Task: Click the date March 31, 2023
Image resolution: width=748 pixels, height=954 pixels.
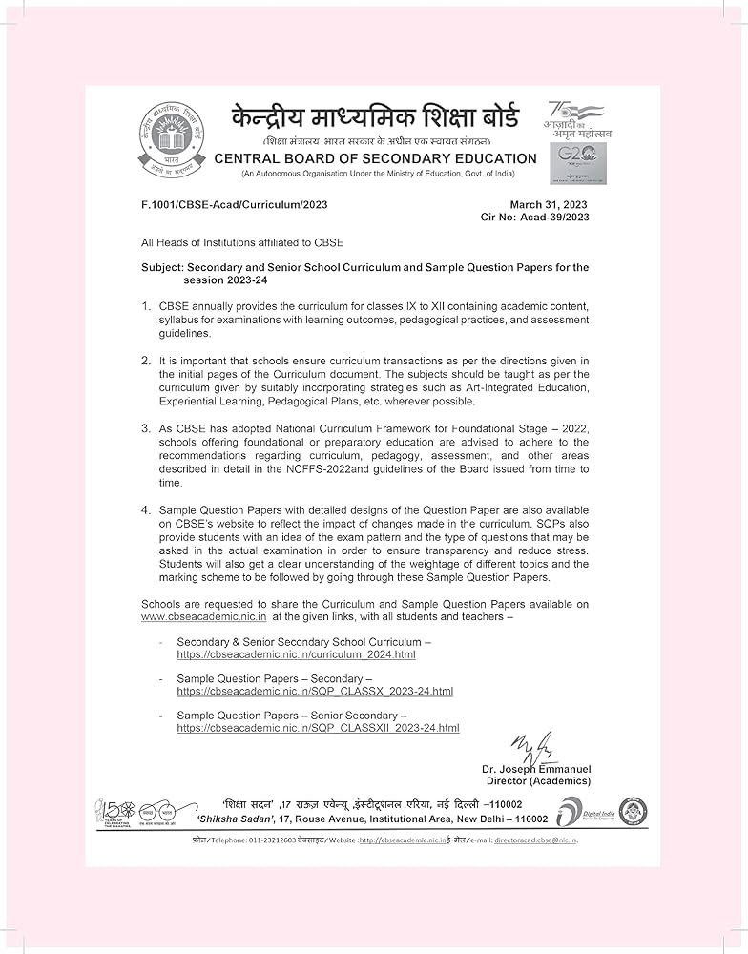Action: (549, 205)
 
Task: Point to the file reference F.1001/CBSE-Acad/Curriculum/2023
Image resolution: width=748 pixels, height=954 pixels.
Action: (234, 205)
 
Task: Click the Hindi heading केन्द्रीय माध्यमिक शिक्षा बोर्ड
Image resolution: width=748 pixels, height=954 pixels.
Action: (375, 119)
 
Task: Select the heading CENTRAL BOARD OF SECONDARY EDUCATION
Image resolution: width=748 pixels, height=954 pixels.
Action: (375, 158)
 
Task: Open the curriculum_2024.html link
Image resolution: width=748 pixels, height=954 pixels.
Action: (296, 655)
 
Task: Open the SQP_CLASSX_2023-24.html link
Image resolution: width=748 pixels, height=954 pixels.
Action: (315, 691)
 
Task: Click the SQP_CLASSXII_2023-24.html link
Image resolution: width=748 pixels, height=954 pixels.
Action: (318, 727)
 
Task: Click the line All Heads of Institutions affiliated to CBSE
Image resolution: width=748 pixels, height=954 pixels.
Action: (242, 243)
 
